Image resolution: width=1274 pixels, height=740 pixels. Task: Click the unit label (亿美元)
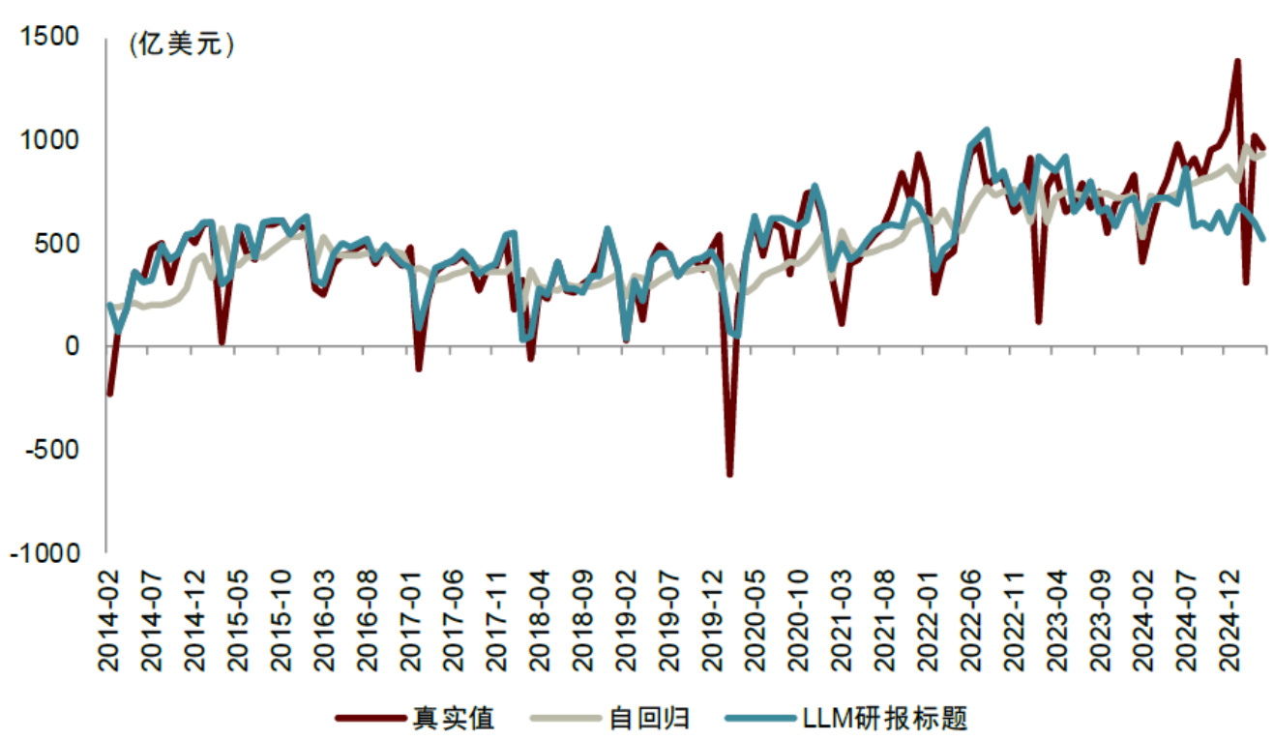coord(181,45)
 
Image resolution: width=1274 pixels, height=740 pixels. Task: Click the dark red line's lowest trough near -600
coord(729,474)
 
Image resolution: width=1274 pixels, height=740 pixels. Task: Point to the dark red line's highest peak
coord(1237,62)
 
